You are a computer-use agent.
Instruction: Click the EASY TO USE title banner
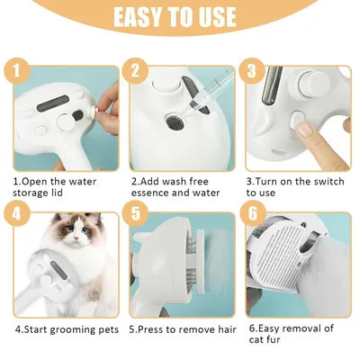coord(180,17)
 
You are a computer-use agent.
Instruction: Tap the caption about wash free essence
coord(177,185)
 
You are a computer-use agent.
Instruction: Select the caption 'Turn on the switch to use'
coord(295,185)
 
